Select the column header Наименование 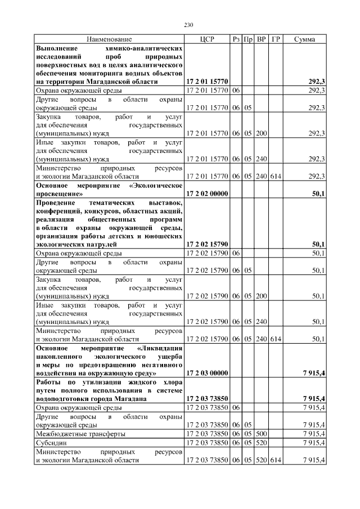click(109, 39)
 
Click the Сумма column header click(304, 39)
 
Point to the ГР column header click(275, 39)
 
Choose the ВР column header click(261, 39)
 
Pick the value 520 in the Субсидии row click(261, 442)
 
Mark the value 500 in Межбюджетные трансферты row click(261, 434)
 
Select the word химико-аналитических click(147, 48)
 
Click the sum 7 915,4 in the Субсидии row click(313, 442)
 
